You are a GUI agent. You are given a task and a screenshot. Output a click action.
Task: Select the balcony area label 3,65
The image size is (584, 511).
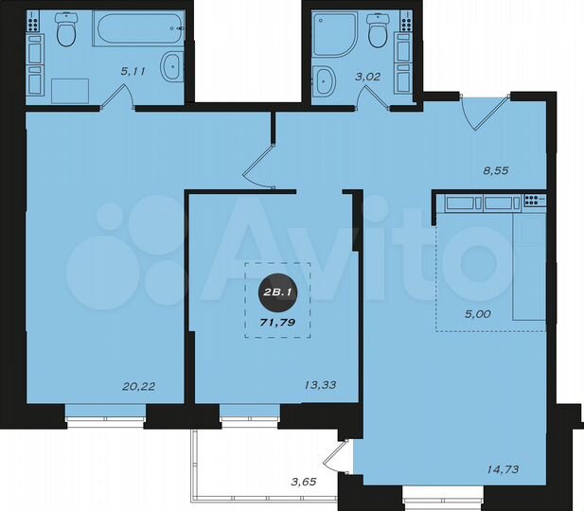(x=306, y=483)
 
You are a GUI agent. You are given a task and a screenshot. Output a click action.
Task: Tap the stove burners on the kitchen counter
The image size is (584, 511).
(x=530, y=201)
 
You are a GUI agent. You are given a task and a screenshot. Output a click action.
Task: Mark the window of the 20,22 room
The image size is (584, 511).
(x=104, y=412)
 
